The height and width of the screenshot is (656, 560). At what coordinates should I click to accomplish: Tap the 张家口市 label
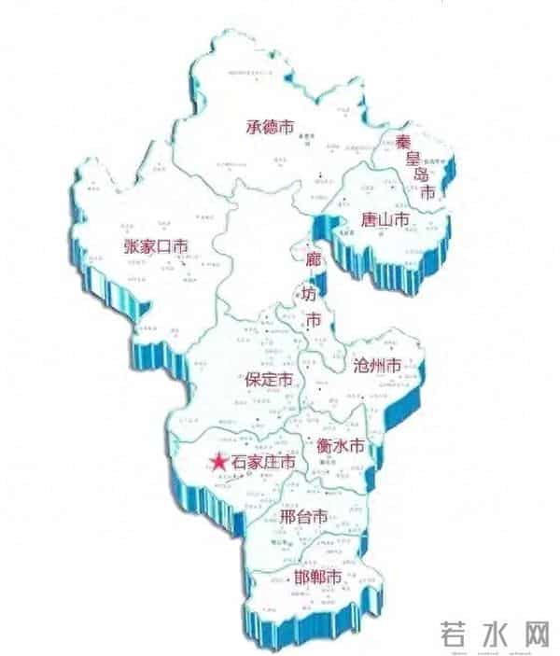tap(156, 246)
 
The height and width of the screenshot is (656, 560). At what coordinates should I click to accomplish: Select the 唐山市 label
tap(385, 221)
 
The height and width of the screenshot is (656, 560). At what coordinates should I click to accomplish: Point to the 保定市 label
tap(269, 380)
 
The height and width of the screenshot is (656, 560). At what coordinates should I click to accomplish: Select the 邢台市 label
tap(303, 515)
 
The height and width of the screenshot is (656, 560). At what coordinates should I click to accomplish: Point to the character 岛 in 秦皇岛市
tap(421, 175)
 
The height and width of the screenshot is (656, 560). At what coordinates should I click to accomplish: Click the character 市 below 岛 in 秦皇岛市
tap(428, 194)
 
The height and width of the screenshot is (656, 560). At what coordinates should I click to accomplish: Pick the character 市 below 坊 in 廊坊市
tap(315, 320)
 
